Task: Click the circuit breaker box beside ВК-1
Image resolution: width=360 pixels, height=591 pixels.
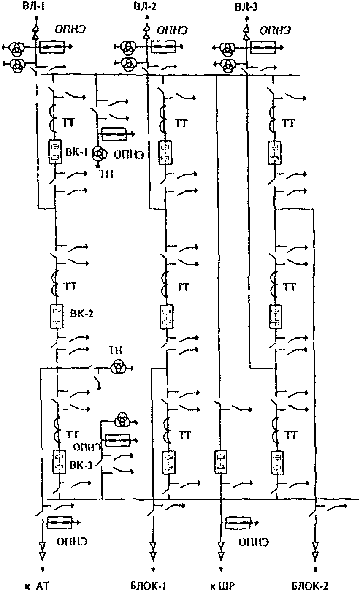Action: click(x=55, y=152)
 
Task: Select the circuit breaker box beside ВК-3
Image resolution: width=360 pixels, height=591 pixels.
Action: click(x=59, y=463)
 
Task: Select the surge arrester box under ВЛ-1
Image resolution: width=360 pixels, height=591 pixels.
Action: click(x=51, y=47)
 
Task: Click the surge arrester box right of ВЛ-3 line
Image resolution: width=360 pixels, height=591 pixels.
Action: click(x=263, y=47)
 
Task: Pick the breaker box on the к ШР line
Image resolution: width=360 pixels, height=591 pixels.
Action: click(x=220, y=461)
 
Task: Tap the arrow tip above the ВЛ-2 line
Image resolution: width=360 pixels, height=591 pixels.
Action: click(x=147, y=17)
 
